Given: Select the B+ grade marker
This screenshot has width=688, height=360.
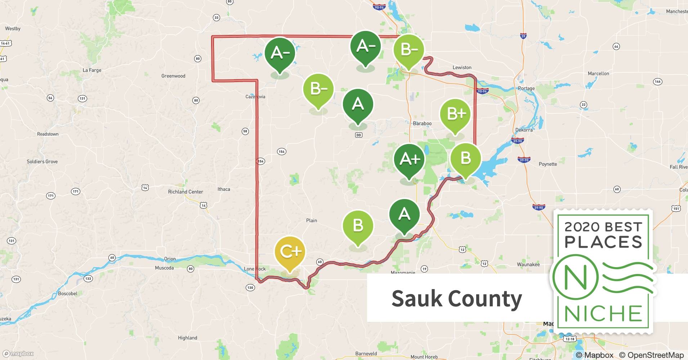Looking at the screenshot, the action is [455, 114].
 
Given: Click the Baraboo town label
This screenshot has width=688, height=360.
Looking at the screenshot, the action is [422, 123].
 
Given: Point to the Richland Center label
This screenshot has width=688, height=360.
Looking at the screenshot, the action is [186, 192].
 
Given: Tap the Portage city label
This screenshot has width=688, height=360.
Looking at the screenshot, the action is [526, 89].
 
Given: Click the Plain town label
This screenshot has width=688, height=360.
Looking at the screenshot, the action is [312, 221].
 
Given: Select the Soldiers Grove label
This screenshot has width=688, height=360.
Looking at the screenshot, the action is [42, 162].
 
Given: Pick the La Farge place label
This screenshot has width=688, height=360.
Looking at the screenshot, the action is [92, 70].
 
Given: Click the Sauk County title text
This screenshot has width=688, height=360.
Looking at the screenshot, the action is [456, 299].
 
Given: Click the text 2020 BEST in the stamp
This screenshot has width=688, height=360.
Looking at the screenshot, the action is [603, 227].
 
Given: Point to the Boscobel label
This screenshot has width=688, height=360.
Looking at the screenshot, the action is [68, 294].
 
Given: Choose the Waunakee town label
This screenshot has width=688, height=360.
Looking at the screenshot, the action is [528, 265].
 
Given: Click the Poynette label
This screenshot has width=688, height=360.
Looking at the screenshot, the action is [548, 164].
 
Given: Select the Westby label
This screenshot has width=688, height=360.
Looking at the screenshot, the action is [13, 28].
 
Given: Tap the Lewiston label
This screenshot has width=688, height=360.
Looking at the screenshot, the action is [462, 68].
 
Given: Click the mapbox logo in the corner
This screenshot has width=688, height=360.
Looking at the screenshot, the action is [18, 354].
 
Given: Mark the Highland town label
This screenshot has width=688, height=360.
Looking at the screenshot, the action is [188, 338].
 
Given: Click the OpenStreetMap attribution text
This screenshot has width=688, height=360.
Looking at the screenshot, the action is [651, 355].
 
